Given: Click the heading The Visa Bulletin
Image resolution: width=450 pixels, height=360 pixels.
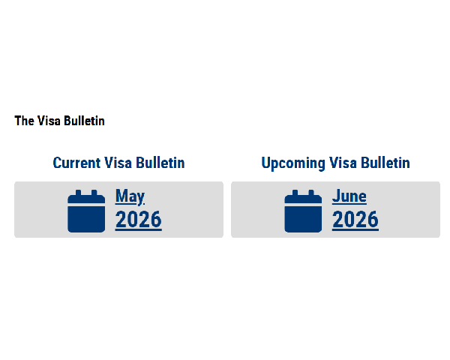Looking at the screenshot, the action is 59,121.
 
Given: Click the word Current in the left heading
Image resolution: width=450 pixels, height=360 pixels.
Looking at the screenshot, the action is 77,163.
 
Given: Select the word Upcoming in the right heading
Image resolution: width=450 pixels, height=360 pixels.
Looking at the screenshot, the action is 293,163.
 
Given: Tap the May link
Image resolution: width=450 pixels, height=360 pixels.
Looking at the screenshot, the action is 130,196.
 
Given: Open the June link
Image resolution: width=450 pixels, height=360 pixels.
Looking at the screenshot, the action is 349,196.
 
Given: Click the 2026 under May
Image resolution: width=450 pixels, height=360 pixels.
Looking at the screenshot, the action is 139,220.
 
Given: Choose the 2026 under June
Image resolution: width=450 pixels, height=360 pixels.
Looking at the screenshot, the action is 355,220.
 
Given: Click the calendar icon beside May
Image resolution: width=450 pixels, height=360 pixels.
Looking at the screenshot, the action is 86,211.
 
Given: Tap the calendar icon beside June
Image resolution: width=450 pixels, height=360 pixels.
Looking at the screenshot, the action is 303,211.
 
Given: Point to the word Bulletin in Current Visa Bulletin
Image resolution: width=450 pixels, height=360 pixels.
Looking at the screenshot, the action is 160,163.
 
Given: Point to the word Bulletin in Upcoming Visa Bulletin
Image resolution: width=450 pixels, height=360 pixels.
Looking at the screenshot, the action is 385,163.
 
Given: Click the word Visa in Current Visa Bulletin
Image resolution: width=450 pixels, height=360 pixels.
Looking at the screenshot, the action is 118,163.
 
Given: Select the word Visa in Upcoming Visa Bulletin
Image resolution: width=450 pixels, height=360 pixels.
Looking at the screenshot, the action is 343,163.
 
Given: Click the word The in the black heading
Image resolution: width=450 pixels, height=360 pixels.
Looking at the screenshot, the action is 25,121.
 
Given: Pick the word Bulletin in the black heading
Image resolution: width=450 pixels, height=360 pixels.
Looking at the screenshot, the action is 84,121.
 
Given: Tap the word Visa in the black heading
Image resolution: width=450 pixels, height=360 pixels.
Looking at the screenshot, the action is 49,121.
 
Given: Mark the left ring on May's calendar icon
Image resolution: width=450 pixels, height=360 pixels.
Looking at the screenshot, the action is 78,193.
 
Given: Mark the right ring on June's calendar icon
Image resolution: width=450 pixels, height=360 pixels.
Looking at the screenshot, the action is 311,193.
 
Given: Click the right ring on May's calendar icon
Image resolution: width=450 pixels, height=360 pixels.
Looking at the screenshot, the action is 94,193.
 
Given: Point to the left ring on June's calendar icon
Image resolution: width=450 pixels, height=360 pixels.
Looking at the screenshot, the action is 295,193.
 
